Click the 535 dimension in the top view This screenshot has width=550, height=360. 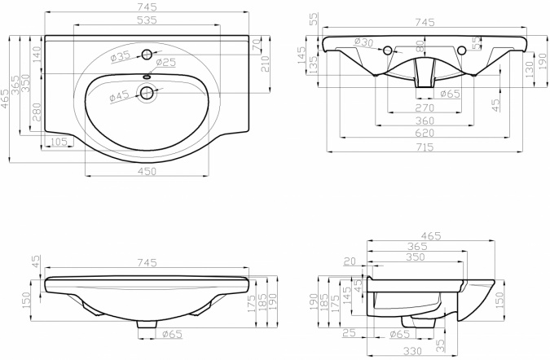147,20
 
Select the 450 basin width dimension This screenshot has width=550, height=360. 147,171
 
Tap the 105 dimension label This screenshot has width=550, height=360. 59,142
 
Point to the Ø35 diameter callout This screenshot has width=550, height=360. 121,56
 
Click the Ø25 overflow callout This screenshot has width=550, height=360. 165,63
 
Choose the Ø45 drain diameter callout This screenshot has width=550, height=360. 120,95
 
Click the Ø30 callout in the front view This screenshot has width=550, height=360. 363,42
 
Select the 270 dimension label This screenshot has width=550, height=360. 425,108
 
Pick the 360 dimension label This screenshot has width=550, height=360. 425,121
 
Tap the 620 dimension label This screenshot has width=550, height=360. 425,134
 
